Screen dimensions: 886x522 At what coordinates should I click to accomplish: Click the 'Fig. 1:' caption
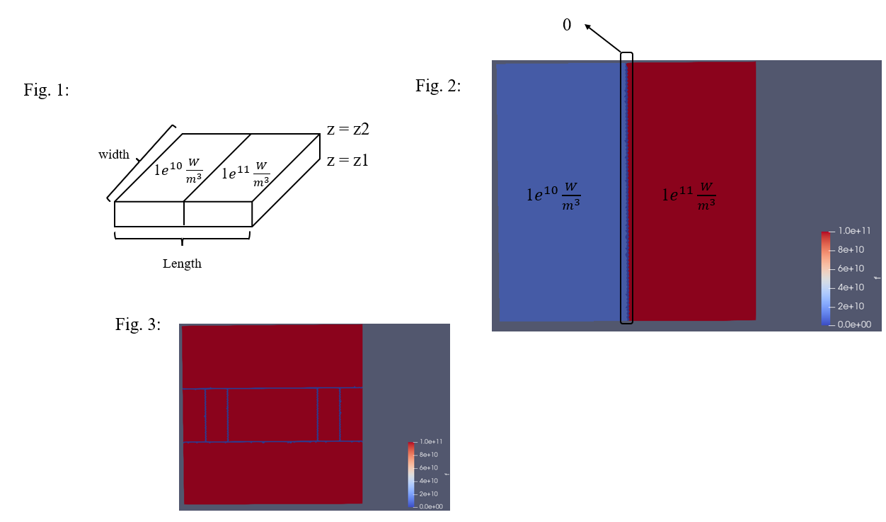coord(46,90)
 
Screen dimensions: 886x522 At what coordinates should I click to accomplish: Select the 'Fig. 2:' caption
coord(438,86)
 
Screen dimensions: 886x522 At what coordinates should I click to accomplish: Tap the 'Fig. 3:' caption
coord(138,324)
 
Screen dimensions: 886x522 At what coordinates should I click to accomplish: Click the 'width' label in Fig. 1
coord(114,154)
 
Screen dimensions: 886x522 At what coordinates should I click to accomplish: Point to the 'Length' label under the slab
coord(182,263)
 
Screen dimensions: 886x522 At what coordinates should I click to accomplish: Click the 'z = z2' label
coord(348,130)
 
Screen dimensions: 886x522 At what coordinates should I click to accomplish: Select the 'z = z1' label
coord(347,160)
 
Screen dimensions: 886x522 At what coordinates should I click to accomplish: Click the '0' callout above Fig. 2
coord(567,25)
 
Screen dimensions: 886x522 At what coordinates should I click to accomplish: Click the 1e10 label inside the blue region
coord(553,196)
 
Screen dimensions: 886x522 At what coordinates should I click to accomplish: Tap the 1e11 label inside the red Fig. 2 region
coord(689,196)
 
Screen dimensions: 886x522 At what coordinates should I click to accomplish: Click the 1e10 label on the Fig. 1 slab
coord(178,171)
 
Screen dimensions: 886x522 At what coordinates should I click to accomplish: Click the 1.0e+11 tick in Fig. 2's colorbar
coord(854,231)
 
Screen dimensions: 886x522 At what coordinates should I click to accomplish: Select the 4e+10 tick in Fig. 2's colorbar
coord(851,288)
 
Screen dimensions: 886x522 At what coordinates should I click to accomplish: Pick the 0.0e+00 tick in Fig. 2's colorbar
coord(854,324)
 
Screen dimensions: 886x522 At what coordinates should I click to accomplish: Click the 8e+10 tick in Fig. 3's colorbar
coord(429,455)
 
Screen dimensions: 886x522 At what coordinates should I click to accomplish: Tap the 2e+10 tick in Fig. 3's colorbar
coord(429,494)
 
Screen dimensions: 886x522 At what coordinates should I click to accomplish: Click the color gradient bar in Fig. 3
coord(411,475)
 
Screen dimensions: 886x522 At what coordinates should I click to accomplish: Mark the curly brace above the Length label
coord(182,239)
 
